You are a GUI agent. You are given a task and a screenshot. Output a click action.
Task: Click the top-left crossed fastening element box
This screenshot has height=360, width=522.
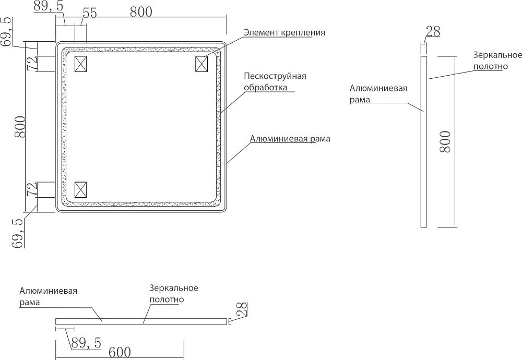pyautogui.click(x=81, y=64)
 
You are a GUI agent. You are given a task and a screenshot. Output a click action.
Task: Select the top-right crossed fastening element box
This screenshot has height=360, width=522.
pyautogui.click(x=202, y=64)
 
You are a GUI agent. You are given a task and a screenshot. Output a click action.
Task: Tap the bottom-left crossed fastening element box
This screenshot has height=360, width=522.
pyautogui.click(x=81, y=189)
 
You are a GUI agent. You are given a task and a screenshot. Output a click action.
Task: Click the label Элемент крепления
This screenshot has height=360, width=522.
pyautogui.click(x=284, y=32)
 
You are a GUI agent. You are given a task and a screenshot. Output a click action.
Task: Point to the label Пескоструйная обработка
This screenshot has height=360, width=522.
pyautogui.click(x=275, y=82)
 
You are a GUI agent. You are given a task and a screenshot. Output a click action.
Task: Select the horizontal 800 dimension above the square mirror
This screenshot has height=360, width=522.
pyautogui.click(x=141, y=12)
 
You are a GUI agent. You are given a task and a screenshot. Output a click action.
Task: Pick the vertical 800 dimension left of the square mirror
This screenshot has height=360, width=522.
pyautogui.click(x=20, y=126)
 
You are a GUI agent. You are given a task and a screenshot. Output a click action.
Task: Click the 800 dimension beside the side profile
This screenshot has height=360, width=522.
pyautogui.click(x=445, y=141)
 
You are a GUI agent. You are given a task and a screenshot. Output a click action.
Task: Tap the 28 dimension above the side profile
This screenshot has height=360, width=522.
pyautogui.click(x=433, y=31)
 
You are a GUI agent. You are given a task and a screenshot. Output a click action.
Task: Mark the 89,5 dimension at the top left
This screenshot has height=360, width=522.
pyautogui.click(x=49, y=6)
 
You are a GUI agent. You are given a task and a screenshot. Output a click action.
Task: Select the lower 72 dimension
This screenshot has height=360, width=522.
pyautogui.click(x=32, y=189)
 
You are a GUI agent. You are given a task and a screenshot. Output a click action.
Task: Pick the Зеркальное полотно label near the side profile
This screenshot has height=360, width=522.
pyautogui.click(x=498, y=61)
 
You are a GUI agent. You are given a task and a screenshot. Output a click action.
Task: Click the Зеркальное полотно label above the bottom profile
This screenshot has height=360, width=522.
pyautogui.click(x=173, y=294)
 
